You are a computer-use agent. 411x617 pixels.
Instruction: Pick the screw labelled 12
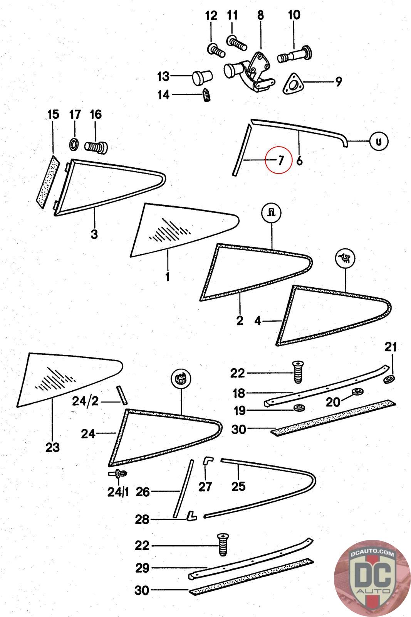click(216, 51)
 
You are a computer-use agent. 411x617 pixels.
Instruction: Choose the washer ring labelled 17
click(74, 144)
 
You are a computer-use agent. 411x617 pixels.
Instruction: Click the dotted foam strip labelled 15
click(48, 182)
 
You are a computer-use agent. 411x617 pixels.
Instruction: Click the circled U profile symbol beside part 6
click(379, 142)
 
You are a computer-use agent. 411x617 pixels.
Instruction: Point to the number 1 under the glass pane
click(167, 276)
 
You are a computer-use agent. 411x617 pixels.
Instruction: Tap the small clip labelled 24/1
click(119, 474)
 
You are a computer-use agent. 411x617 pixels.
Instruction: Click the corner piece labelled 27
click(208, 464)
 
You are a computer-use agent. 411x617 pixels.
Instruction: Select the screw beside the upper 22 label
click(298, 372)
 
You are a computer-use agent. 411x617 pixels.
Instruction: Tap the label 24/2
click(85, 401)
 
